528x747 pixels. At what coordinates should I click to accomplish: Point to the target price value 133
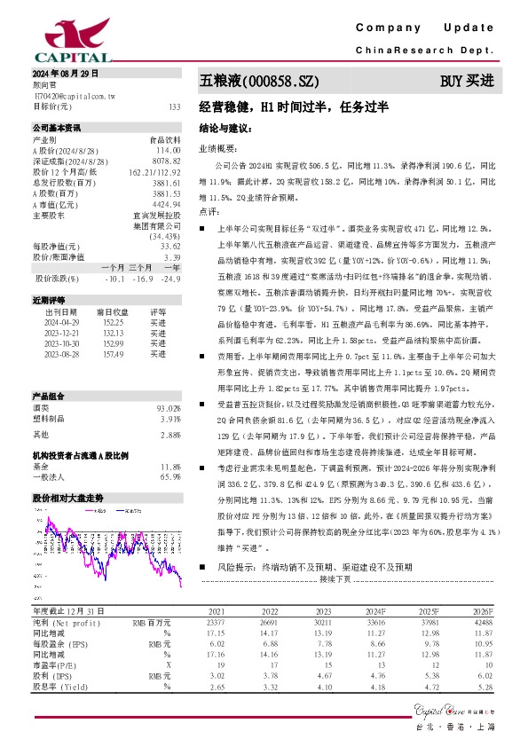coord(174,106)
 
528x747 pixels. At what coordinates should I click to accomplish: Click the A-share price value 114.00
coord(169,151)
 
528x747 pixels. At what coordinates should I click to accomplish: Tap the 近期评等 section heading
coord(50,300)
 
